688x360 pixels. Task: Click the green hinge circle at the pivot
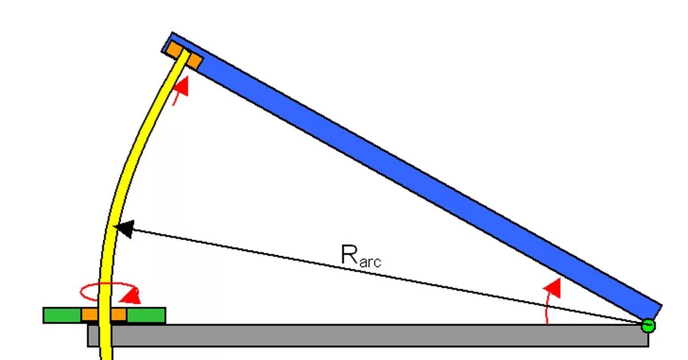648,326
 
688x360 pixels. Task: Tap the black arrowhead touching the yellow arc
124,229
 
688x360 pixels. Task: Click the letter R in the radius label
350,254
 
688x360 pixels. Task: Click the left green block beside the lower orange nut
62,315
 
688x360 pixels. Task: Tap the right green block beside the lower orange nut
146,315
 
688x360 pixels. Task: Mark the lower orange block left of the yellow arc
89,315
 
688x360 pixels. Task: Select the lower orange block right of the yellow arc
118,315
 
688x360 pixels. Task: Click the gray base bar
373,335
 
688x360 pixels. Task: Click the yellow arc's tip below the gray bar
106,354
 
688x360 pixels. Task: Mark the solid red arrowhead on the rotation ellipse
133,296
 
